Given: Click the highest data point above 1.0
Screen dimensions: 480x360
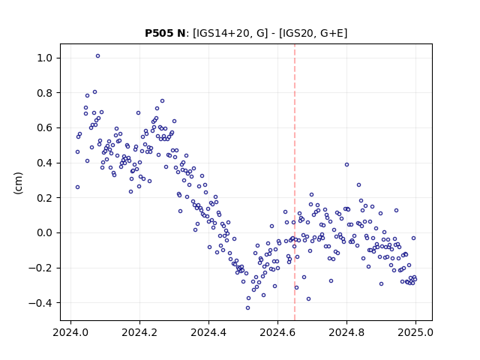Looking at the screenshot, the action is click(x=97, y=56).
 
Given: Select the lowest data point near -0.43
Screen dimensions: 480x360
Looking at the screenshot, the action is click(x=247, y=308).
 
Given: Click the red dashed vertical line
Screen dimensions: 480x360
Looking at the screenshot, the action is click(x=295, y=182).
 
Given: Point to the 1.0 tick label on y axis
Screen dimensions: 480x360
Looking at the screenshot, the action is click(x=45, y=58).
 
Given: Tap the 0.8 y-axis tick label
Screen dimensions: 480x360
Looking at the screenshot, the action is click(x=45, y=93).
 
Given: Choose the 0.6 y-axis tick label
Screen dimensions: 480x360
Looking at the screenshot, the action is click(x=45, y=127).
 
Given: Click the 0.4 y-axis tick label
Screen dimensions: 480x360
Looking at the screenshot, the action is click(x=45, y=163).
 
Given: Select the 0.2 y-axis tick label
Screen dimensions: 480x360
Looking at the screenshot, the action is click(x=45, y=198).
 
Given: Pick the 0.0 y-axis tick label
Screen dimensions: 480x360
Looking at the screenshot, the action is click(x=45, y=232).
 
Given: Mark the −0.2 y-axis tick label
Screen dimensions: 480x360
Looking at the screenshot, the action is click(x=41, y=268).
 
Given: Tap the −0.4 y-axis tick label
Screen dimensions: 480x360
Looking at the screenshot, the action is click(x=41, y=303).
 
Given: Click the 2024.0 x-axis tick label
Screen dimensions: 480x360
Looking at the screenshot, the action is click(x=70, y=332).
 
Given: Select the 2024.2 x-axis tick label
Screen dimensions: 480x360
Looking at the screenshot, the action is click(x=139, y=332).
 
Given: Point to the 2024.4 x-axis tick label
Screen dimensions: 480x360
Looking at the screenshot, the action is click(x=208, y=332).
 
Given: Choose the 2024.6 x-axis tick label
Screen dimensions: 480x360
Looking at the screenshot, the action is click(x=277, y=332).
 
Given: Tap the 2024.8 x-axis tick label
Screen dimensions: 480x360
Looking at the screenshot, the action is click(x=346, y=332).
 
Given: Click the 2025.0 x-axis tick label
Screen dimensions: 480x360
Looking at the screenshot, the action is click(x=415, y=332).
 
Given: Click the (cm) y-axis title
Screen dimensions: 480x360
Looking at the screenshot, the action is click(x=18, y=183).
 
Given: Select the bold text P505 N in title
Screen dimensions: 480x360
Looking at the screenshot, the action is click(x=165, y=33).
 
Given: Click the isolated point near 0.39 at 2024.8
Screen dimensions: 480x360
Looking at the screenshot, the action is click(x=346, y=165).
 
